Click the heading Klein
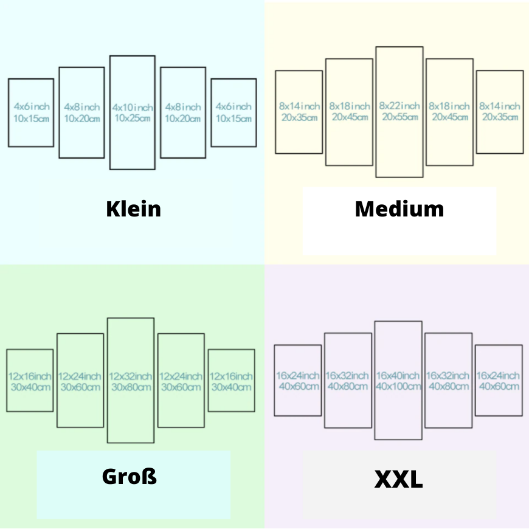[x=134, y=209]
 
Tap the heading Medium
[x=399, y=209]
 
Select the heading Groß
[x=130, y=476]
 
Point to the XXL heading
[x=398, y=479]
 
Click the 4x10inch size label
[x=133, y=108]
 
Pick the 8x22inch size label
[x=399, y=106]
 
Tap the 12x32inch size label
[x=131, y=376]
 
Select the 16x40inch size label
[x=398, y=376]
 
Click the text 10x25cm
[x=133, y=118]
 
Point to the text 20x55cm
[x=400, y=117]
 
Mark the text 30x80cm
[x=131, y=387]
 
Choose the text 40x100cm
[x=398, y=386]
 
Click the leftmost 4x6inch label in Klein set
[x=32, y=106]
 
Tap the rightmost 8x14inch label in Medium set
[x=500, y=106]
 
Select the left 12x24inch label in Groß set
[x=80, y=376]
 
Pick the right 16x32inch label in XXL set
[x=448, y=376]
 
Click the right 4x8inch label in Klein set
[x=183, y=107]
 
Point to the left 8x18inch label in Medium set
[x=350, y=106]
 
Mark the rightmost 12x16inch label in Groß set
[x=231, y=376]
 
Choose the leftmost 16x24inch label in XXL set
[x=298, y=376]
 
